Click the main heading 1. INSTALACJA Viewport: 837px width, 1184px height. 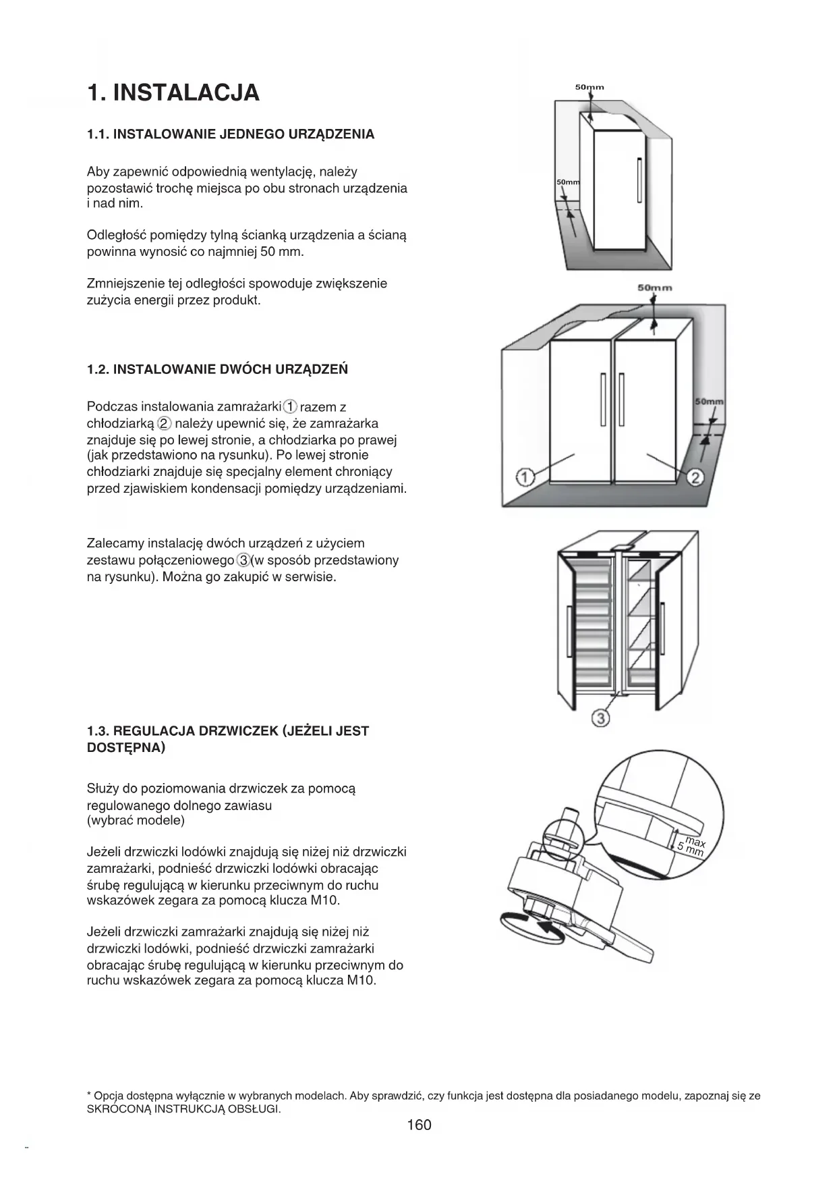coord(173,92)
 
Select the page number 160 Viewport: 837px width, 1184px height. coord(419,1125)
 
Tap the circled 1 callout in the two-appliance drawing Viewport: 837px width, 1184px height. coord(525,478)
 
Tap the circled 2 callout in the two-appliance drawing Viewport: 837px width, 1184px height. coord(695,478)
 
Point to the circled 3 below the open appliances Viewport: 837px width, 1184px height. coord(600,718)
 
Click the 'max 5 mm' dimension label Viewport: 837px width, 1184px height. coord(692,846)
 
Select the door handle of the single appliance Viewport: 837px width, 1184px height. coord(639,180)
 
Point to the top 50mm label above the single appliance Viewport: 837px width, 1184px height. coord(589,87)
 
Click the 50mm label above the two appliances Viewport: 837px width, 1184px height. coord(654,288)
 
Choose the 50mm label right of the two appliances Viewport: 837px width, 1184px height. coord(709,402)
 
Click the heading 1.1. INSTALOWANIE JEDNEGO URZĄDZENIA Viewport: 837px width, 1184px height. coord(231,134)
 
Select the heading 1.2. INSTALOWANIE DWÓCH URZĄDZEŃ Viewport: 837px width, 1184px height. coord(218,369)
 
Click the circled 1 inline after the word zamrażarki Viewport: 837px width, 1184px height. coord(290,407)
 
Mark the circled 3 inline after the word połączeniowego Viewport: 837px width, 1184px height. coord(243,560)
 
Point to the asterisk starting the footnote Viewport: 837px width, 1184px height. coord(90,1095)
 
